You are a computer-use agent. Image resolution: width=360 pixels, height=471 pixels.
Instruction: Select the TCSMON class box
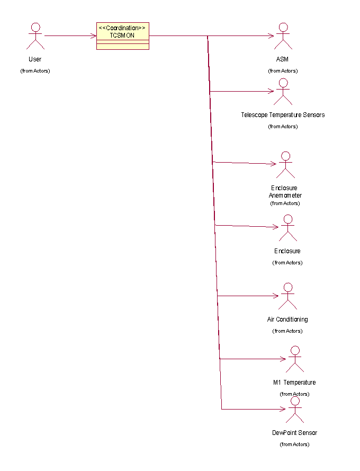(x=122, y=37)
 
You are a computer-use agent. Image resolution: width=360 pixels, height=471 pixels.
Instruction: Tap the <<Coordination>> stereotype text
(x=122, y=28)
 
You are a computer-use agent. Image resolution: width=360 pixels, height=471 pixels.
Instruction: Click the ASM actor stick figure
(x=283, y=36)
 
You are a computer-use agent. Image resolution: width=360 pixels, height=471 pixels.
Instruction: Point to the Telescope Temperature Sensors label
(x=283, y=115)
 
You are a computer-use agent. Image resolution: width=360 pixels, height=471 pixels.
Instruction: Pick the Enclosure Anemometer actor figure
(x=285, y=165)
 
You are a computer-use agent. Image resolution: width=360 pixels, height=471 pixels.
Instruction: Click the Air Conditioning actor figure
(x=287, y=296)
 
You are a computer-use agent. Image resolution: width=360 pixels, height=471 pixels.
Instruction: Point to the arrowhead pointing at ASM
(x=271, y=36)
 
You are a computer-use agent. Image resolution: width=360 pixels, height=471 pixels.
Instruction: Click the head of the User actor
(x=35, y=28)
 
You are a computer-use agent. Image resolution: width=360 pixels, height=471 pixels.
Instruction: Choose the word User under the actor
(x=35, y=59)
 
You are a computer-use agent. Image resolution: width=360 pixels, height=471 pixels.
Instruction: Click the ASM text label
(x=282, y=59)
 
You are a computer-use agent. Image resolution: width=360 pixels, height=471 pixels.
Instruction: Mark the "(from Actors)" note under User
(x=35, y=71)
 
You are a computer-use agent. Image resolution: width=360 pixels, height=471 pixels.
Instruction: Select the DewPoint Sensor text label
(x=294, y=433)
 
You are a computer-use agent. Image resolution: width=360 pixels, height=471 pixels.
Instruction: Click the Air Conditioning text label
(x=287, y=319)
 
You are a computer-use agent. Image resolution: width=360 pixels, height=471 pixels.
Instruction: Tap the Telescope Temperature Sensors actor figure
(x=283, y=92)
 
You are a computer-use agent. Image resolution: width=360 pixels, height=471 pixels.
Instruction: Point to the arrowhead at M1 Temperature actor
(x=282, y=359)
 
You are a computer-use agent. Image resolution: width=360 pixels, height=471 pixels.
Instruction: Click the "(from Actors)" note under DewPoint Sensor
(x=294, y=445)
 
